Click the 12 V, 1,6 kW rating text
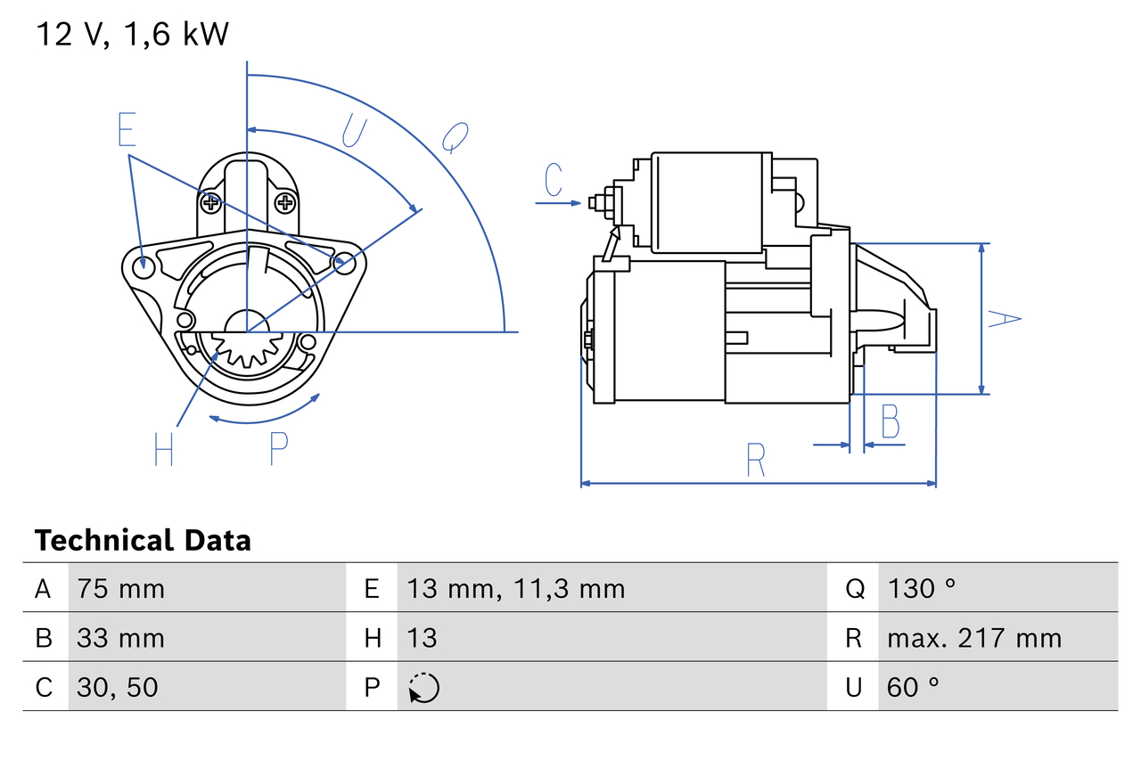132,34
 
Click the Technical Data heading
143,540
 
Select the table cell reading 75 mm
120,588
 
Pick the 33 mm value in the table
120,638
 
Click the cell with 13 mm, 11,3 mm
515,588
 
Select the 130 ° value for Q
922,588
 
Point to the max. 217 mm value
973,638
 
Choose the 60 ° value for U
914,687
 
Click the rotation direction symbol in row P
423,688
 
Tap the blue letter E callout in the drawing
127,130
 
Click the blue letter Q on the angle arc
455,138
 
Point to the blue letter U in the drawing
354,131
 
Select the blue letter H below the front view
163,449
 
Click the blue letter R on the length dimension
755,459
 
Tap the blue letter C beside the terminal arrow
554,180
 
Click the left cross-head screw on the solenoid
211,203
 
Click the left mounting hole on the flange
141,266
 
